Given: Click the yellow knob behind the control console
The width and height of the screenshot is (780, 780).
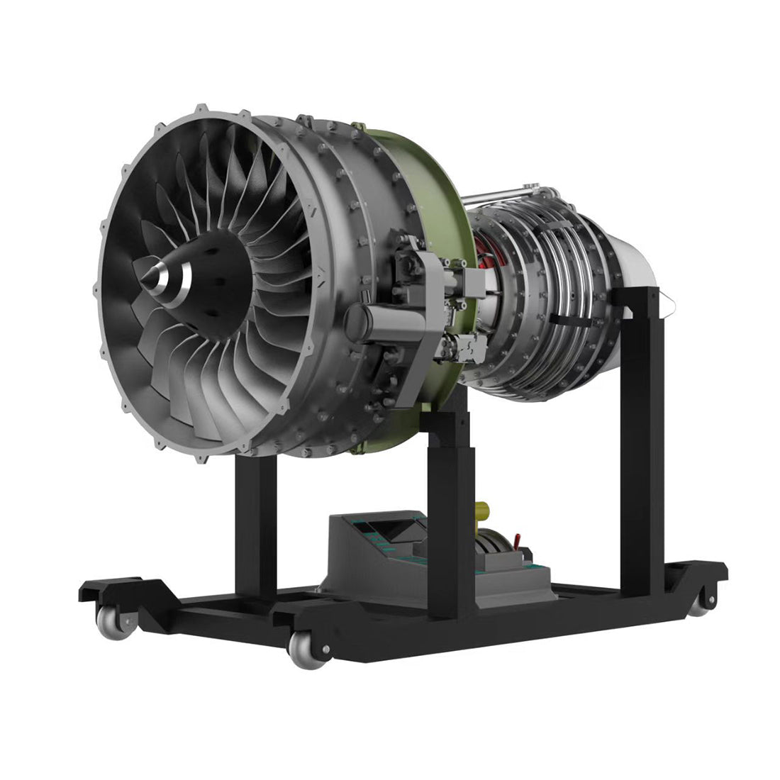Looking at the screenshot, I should point(484,510).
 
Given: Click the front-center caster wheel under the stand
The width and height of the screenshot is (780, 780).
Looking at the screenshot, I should point(305,649).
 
